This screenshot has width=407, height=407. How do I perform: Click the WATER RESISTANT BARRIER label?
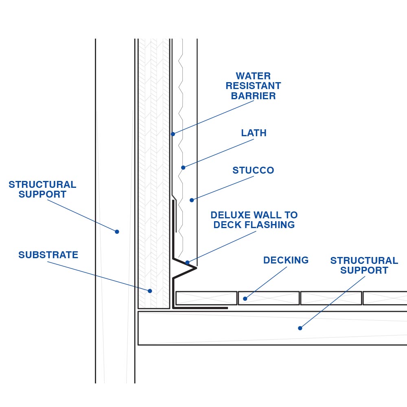253,86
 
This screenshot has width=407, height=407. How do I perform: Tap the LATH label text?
254,133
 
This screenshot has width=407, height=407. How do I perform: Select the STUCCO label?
253,170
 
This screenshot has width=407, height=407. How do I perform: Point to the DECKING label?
286,260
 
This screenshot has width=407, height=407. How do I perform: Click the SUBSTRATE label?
48,255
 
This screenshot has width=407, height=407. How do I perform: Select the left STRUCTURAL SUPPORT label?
42,189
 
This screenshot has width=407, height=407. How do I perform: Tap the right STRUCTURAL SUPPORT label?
364,265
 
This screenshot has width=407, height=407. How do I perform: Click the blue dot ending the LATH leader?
183,168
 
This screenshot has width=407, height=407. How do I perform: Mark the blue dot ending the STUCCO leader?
192,200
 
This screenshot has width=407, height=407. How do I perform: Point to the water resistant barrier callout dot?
173,134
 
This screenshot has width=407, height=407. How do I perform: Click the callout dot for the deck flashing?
187,263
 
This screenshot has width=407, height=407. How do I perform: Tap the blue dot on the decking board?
245,299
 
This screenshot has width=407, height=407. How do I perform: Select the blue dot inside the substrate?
150,291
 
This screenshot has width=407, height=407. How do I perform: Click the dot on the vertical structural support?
117,232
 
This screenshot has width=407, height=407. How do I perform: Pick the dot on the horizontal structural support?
300,328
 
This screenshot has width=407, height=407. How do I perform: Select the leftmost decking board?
206,298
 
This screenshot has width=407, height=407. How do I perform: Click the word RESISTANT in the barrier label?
253,86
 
